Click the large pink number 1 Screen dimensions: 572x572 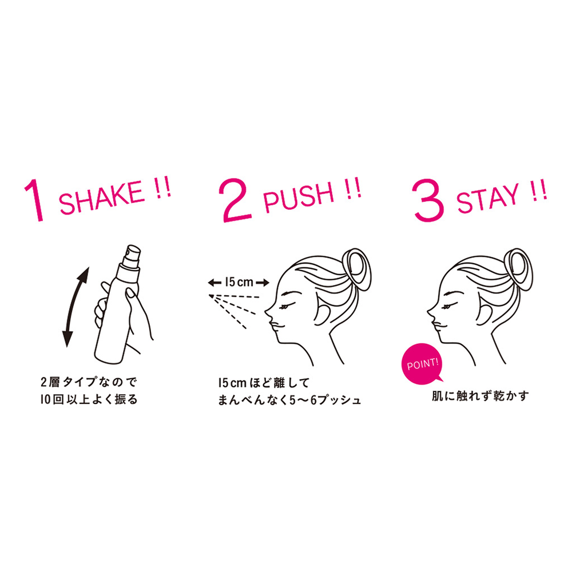pyautogui.click(x=35, y=200)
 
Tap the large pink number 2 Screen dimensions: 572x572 pyautogui.click(x=236, y=200)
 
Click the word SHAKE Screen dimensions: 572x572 pyautogui.click(x=101, y=197)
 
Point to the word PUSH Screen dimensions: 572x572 pyautogui.click(x=299, y=197)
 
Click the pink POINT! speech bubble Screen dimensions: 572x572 pyautogui.click(x=423, y=364)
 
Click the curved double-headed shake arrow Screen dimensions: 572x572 pyautogui.click(x=76, y=307)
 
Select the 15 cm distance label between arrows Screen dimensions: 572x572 pyautogui.click(x=239, y=282)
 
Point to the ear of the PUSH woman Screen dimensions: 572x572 pyautogui.click(x=321, y=313)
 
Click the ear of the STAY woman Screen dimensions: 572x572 pyautogui.click(x=484, y=313)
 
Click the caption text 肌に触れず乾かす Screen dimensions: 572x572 pyautogui.click(x=480, y=396)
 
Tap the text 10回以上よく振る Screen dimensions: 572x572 pyautogui.click(x=89, y=399)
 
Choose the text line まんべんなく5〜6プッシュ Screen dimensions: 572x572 pyautogui.click(x=289, y=400)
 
